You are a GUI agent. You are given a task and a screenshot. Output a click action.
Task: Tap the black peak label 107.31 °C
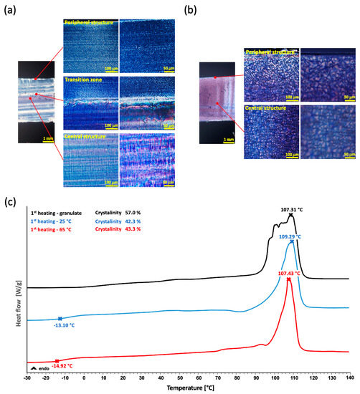point(290,209)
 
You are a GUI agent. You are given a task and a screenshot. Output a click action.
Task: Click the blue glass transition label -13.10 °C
point(61,325)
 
